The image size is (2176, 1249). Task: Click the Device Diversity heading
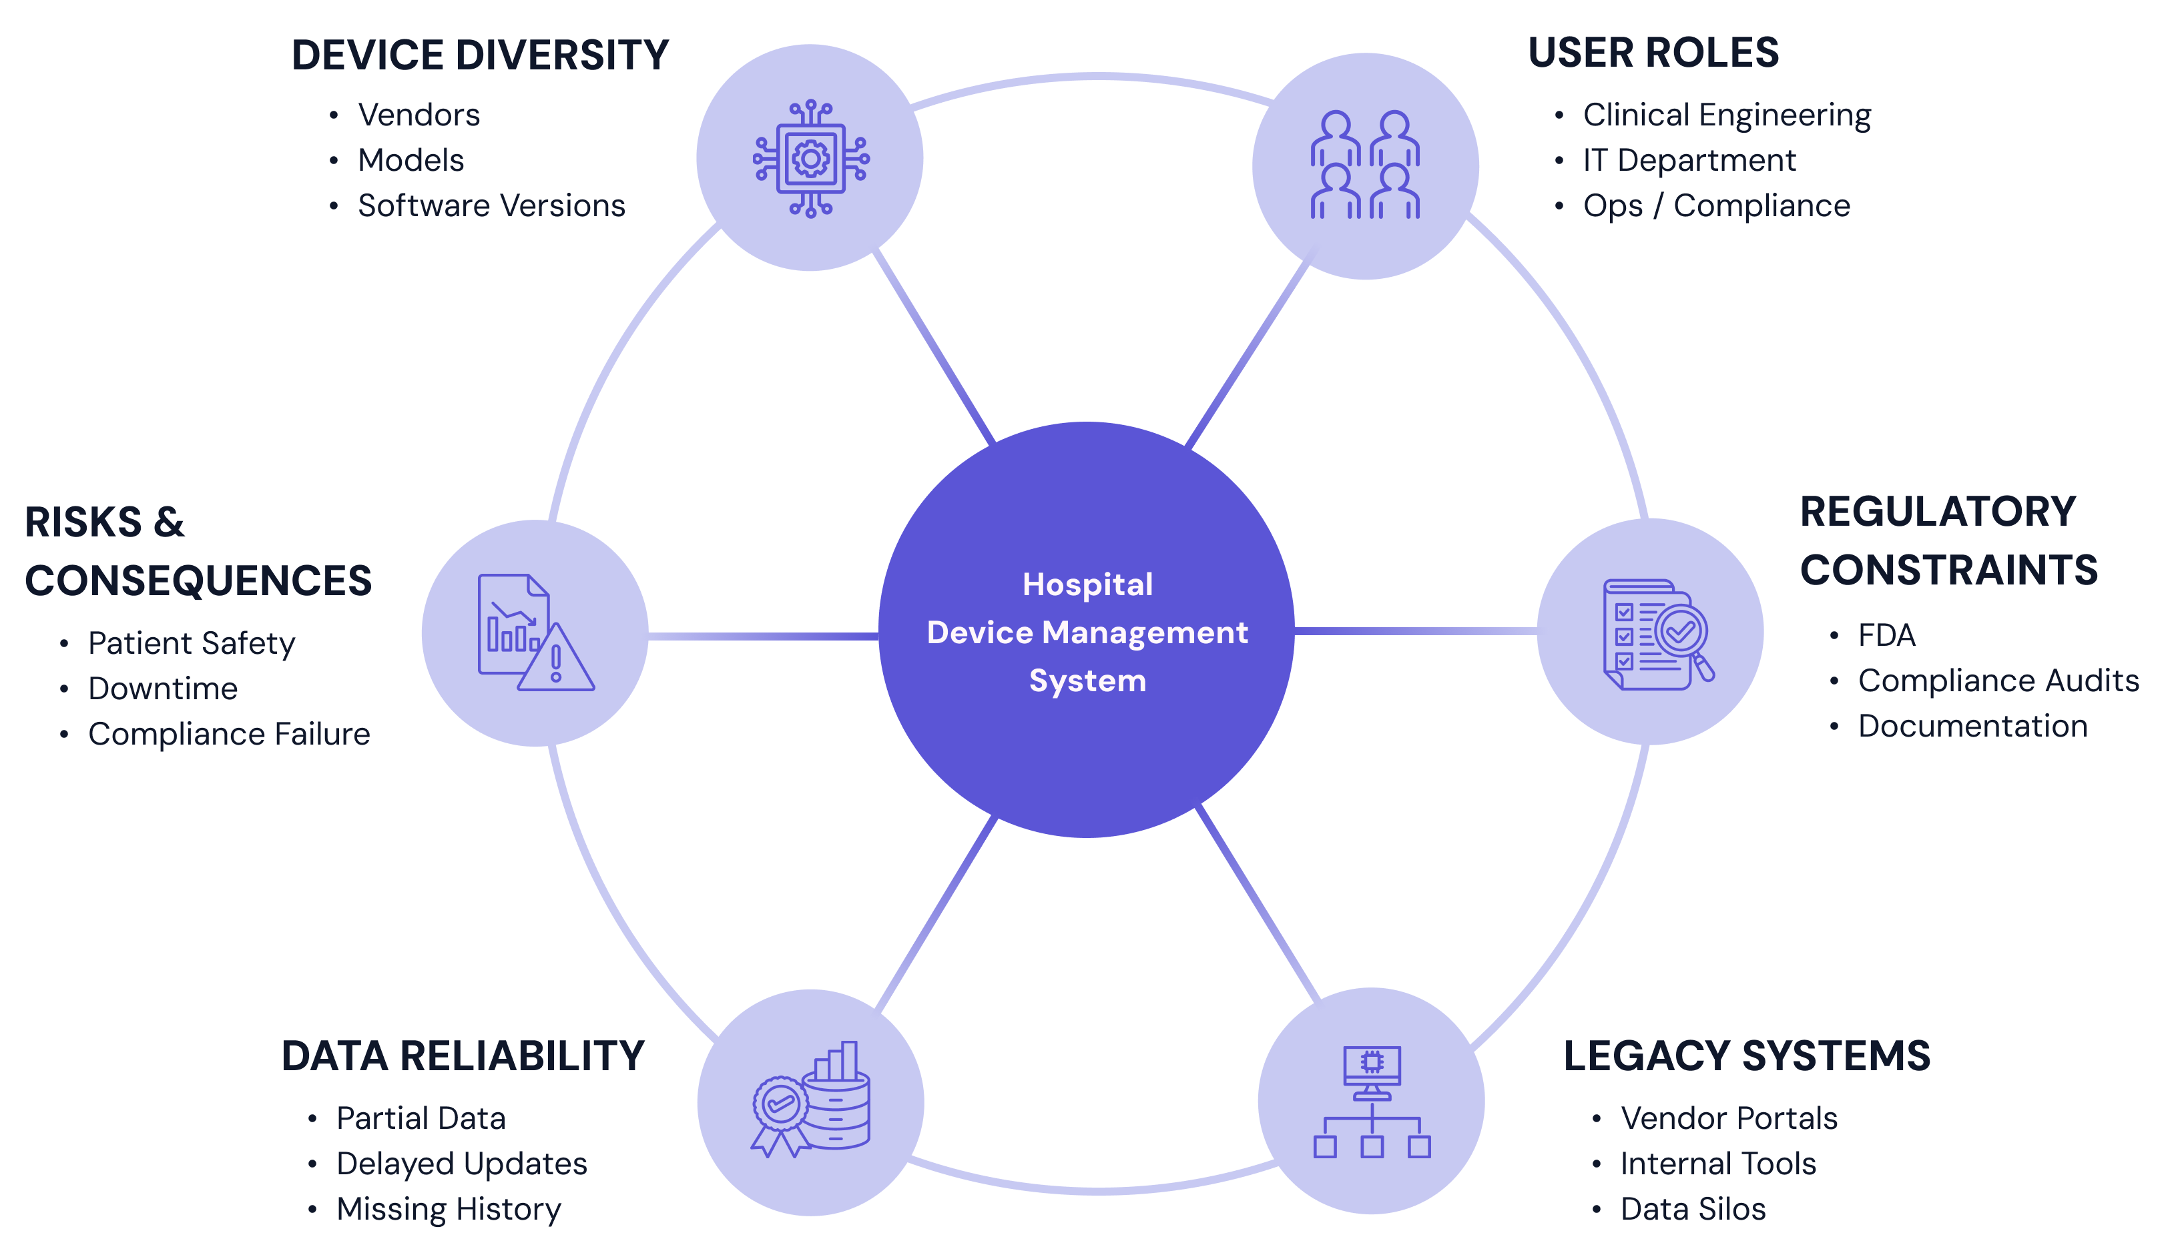(480, 55)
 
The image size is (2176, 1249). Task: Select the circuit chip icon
(810, 159)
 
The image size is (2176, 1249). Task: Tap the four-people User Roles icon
(1364, 165)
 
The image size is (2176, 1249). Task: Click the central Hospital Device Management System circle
(1086, 631)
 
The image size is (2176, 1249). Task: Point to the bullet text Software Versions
(491, 206)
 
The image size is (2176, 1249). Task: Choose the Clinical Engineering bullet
(1726, 115)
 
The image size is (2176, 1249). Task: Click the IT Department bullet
(1689, 160)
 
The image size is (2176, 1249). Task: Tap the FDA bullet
(1886, 636)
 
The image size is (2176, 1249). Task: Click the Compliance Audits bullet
(1998, 681)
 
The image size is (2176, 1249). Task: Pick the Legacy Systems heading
(1746, 1056)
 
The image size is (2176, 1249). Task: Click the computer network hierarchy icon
(1371, 1102)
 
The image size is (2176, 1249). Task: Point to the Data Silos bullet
(1692, 1210)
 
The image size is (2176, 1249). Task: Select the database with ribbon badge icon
(810, 1102)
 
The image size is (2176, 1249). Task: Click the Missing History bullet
(448, 1210)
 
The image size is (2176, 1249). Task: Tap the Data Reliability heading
(463, 1056)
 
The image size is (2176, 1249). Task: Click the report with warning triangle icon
(535, 633)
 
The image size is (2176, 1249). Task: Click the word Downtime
(163, 689)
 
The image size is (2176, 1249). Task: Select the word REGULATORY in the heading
(1938, 512)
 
